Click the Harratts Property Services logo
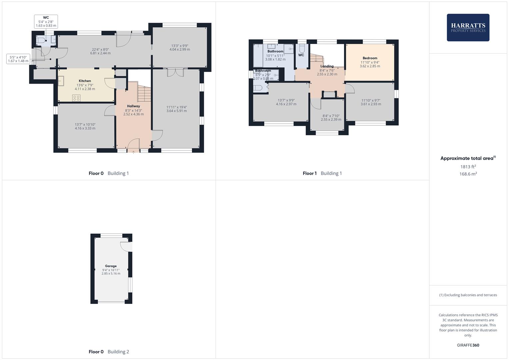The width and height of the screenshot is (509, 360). coord(468,27)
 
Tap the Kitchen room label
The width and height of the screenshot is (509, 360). coord(85,81)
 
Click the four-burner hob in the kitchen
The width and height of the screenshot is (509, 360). coord(76,98)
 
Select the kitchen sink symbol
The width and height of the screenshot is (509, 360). coord(61,81)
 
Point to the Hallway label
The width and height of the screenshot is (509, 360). coord(133,106)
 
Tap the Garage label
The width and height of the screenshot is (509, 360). coord(111,266)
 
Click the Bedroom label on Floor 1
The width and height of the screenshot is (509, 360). coord(370,58)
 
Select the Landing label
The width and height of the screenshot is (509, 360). coord(327,66)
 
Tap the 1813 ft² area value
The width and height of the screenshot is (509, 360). coord(468,167)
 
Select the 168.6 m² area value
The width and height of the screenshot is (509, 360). coord(468,174)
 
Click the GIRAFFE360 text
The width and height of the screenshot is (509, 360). coord(468,345)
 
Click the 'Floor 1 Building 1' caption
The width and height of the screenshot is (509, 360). coord(322,173)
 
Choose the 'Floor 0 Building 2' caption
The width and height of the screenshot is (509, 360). coord(109,352)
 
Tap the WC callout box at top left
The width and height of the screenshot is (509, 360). coord(46,22)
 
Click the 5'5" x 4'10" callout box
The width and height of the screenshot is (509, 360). coord(18,59)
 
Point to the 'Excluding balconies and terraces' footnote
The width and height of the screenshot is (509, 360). coord(468,295)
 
